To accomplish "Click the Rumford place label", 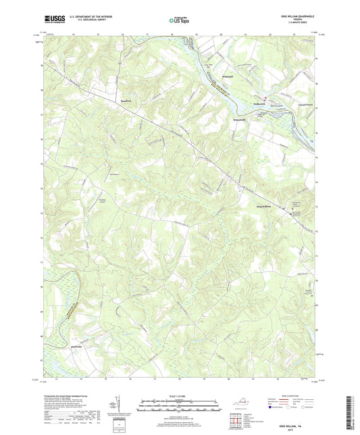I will click(126, 101).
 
